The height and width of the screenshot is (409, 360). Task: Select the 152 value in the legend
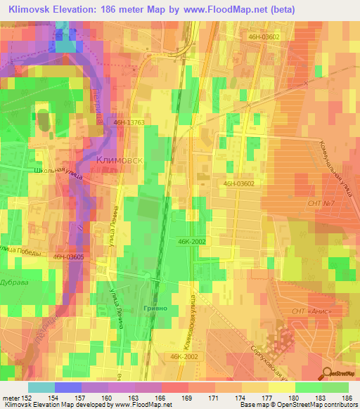pos(32,396)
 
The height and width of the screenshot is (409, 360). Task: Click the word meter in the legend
pos(13,396)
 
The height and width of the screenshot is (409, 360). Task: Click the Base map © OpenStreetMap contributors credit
pos(298,405)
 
